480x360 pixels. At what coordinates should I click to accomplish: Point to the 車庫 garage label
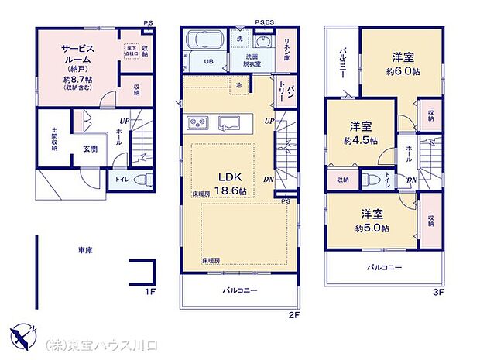point(85,252)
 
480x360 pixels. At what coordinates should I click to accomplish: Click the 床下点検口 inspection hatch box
point(130,52)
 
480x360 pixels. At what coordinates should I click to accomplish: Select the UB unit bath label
point(207,61)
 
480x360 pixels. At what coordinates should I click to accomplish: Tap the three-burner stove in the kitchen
point(197,123)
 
